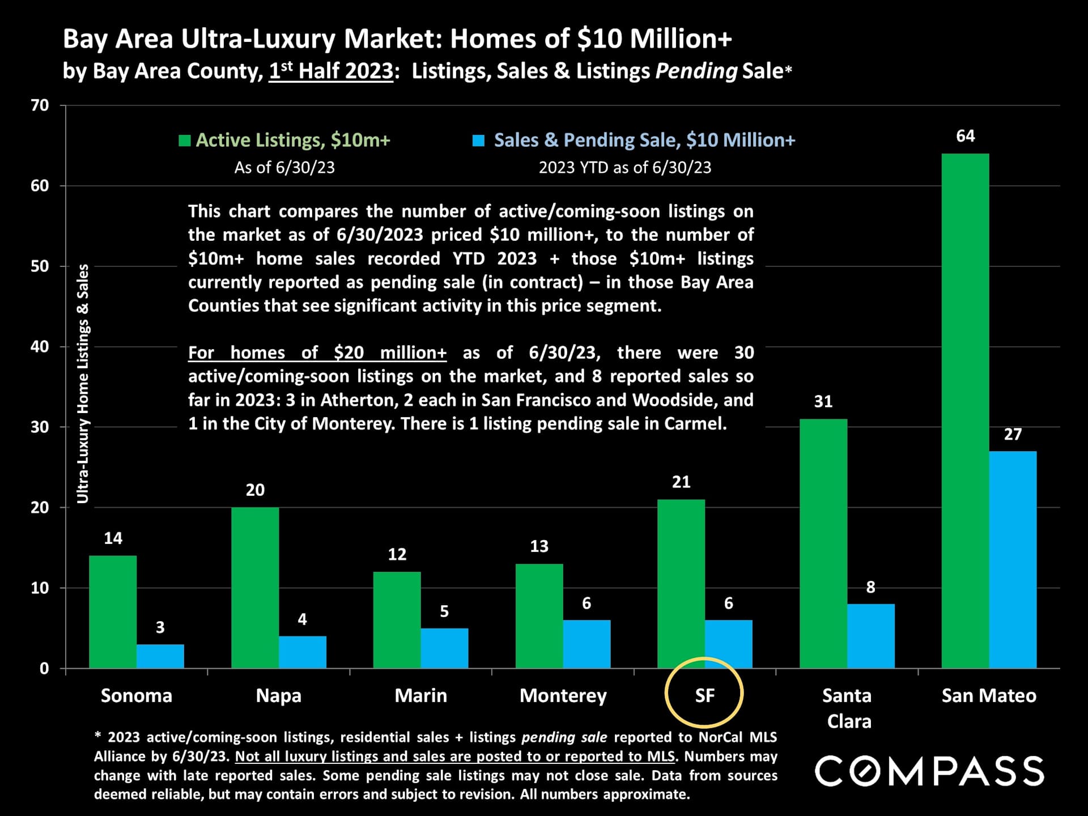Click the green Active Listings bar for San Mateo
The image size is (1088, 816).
pos(965,411)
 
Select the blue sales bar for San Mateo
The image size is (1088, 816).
pos(1013,559)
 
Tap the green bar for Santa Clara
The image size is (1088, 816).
pos(823,543)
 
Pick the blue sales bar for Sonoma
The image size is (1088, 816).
pos(160,656)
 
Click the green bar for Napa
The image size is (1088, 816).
pos(255,588)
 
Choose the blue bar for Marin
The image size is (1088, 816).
pos(444,648)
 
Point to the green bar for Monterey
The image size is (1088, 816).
pos(539,616)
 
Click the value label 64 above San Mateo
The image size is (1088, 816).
pos(965,136)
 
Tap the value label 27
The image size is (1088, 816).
pos(1013,435)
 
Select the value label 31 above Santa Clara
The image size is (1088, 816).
pos(823,402)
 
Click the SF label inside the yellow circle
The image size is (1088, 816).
pos(704,695)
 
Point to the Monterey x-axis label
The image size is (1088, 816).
pos(563,695)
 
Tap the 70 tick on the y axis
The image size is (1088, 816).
pos(40,105)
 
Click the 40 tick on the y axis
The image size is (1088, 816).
pos(40,347)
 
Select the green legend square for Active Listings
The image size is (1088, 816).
pos(184,141)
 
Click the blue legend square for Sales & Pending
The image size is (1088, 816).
pos(479,141)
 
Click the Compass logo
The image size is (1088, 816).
pos(929,771)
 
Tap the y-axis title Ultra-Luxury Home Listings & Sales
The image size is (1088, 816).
pos(83,384)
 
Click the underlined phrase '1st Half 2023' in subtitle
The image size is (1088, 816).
pos(331,71)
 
